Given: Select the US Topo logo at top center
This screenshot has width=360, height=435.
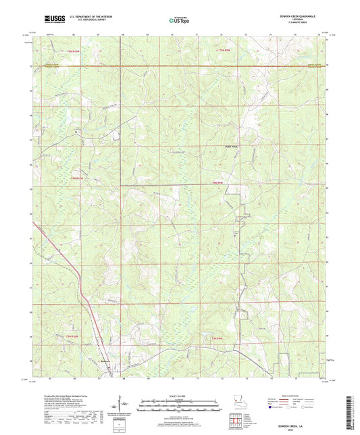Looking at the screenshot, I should pos(178,20).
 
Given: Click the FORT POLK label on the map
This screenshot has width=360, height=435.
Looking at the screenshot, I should pos(231,145).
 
